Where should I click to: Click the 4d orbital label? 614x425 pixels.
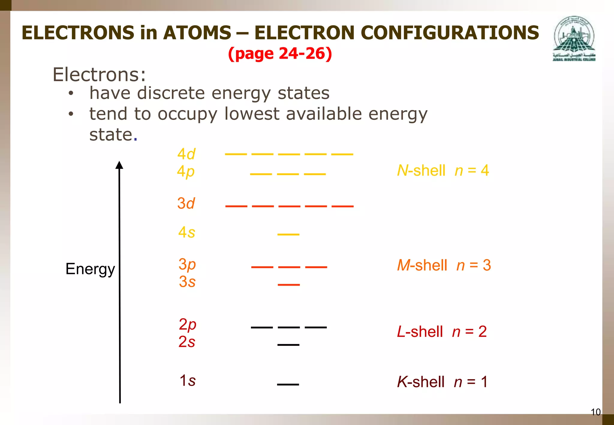click(186, 154)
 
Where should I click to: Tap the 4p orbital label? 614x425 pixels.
click(186, 172)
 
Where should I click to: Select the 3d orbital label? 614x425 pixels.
click(186, 203)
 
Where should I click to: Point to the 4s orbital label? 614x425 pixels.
click(186, 232)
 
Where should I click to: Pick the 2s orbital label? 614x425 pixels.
click(187, 342)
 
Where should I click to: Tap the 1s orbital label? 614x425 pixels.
click(187, 380)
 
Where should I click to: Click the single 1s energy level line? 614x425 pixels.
click(288, 384)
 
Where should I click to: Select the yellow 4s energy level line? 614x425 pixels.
click(288, 234)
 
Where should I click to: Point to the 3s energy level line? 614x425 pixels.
click(289, 284)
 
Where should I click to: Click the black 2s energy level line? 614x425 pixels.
click(288, 345)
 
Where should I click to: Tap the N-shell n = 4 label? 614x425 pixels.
click(443, 171)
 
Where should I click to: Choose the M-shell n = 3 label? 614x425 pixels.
click(444, 265)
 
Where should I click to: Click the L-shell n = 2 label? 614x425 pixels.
click(442, 332)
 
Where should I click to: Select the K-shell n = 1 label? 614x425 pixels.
click(442, 382)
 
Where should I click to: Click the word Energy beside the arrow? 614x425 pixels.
click(90, 269)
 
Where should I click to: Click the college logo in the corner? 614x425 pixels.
click(574, 39)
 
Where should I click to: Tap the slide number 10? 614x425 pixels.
click(595, 412)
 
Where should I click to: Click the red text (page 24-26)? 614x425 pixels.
click(280, 54)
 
